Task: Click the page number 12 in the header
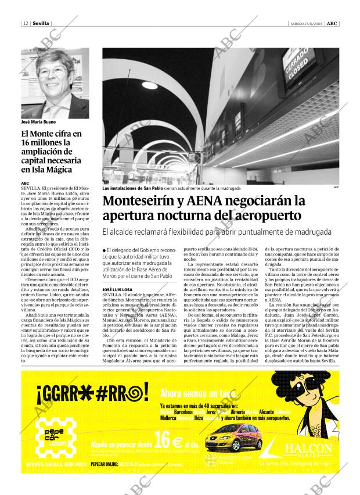tap(26, 23)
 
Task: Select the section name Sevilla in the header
tap(41, 23)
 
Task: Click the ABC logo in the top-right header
tap(330, 23)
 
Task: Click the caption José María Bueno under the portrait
tap(38, 123)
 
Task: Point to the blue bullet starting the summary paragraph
tap(104, 250)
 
